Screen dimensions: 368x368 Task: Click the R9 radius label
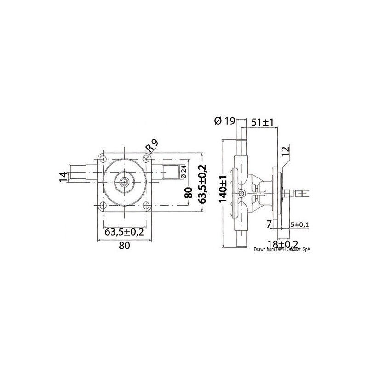pyautogui.click(x=152, y=147)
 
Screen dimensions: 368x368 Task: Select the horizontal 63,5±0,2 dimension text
pyautogui.click(x=124, y=231)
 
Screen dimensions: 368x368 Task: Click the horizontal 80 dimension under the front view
pyautogui.click(x=124, y=245)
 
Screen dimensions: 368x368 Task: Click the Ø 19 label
pyautogui.click(x=225, y=121)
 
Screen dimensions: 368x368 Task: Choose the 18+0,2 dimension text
pyautogui.click(x=282, y=243)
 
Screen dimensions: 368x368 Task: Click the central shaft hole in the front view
pyautogui.click(x=124, y=182)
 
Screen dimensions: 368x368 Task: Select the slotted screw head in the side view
pyautogui.click(x=242, y=193)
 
